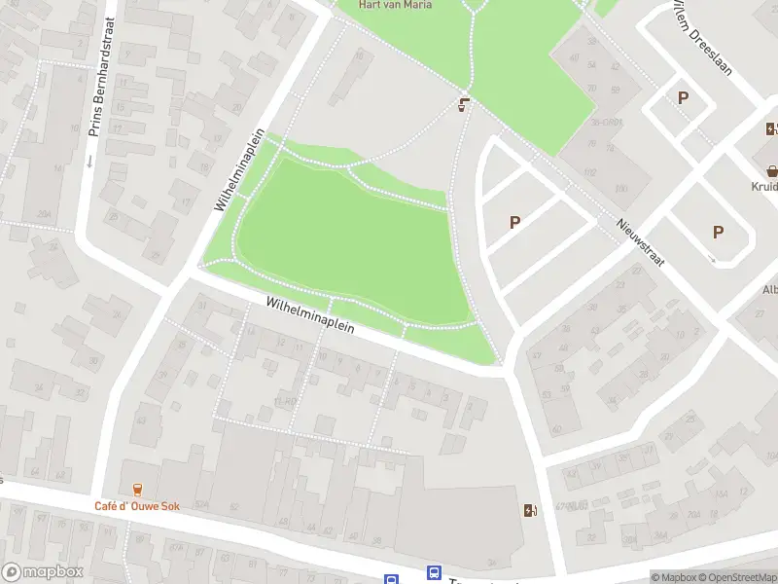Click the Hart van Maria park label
395,5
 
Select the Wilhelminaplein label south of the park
309,317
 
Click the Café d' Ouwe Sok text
135,505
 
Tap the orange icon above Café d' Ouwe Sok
137,489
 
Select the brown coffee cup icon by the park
465,103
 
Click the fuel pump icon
529,509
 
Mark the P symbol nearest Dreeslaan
683,97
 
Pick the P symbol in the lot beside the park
514,222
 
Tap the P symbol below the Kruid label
718,232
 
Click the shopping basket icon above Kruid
772,168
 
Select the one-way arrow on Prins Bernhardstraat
88,161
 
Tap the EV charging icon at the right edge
772,128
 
